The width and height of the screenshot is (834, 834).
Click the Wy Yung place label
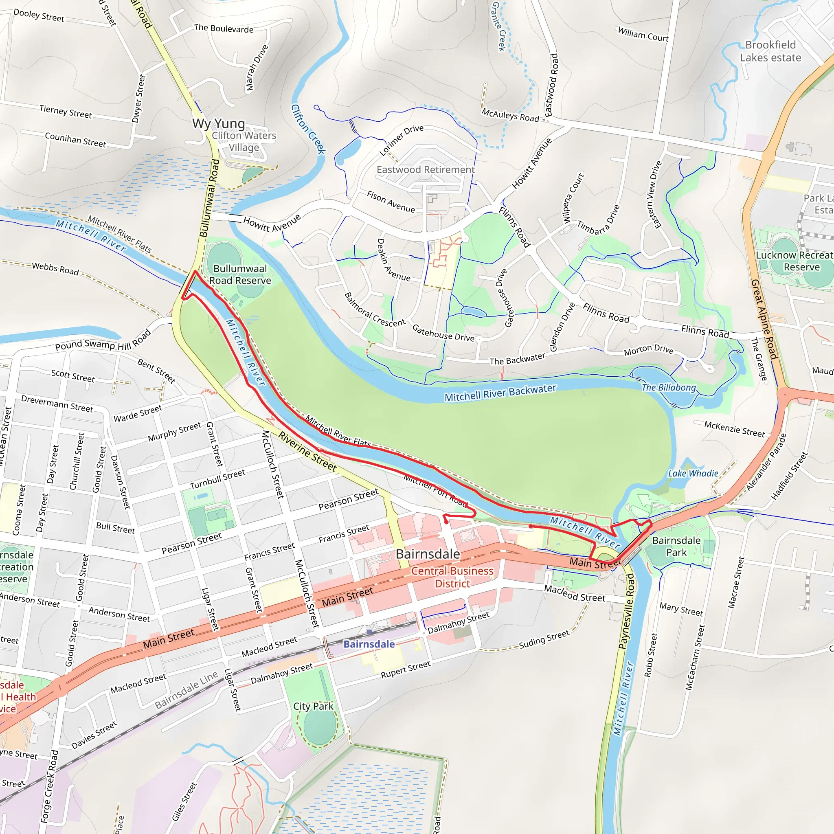pyautogui.click(x=218, y=123)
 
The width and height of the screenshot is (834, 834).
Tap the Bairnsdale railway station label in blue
pyautogui.click(x=369, y=644)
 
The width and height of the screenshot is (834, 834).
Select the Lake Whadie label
pyautogui.click(x=693, y=474)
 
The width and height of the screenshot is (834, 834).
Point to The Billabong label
pyautogui.click(x=669, y=387)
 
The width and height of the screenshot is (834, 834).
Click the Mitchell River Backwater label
pyautogui.click(x=500, y=393)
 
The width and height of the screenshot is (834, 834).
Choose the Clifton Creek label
pyautogui.click(x=308, y=129)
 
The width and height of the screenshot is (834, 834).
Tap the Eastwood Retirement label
pyautogui.click(x=425, y=170)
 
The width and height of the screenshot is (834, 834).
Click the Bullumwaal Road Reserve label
pyautogui.click(x=240, y=274)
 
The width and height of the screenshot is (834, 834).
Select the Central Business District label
pyautogui.click(x=452, y=577)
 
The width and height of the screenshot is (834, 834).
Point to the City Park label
pyautogui.click(x=313, y=706)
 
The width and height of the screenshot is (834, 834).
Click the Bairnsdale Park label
pyautogui.click(x=676, y=546)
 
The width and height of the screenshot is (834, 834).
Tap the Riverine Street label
pyautogui.click(x=307, y=451)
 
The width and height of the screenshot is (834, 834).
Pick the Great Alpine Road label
pyautogui.click(x=764, y=319)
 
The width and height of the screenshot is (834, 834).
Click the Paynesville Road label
pyautogui.click(x=627, y=610)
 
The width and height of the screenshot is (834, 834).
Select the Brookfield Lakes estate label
pyautogui.click(x=770, y=51)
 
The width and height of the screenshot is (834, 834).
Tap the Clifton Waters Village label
pyautogui.click(x=244, y=141)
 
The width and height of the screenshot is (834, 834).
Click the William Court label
pyautogui.click(x=643, y=34)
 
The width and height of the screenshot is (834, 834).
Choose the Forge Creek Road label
pyautogui.click(x=50, y=786)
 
